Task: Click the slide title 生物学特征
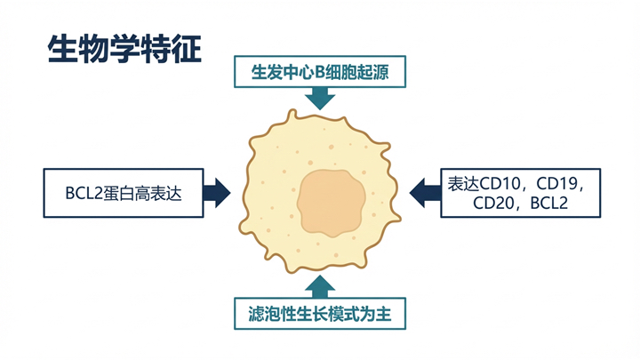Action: point(124,48)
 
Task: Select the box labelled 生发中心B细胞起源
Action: point(319,72)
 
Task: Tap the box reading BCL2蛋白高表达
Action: point(123,192)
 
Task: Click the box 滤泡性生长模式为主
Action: point(321,313)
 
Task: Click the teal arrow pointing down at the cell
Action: point(319,99)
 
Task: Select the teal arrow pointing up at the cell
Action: point(319,284)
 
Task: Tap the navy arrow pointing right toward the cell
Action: point(216,192)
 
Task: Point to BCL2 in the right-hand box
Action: point(548,204)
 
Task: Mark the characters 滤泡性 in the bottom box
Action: point(273,313)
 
